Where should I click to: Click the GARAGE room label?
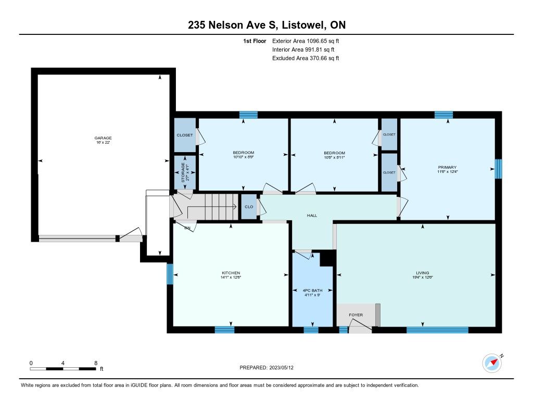[103, 138]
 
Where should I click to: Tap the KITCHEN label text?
[231, 273]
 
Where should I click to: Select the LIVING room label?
[423, 273]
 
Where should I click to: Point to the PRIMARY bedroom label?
[447, 167]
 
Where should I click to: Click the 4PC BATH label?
[312, 291]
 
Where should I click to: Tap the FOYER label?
[356, 315]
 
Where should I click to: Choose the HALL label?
[312, 215]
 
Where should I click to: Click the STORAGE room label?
[183, 172]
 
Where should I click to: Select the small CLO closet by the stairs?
[249, 207]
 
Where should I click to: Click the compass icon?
[492, 364]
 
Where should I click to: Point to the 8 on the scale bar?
[96, 363]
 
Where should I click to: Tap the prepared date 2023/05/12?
[281, 368]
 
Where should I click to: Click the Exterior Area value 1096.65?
[317, 41]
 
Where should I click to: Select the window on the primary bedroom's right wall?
[498, 169]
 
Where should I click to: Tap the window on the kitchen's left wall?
[170, 274]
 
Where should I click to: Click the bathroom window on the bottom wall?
[311, 330]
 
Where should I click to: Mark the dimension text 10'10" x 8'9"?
[244, 157]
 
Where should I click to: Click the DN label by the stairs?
[187, 228]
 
